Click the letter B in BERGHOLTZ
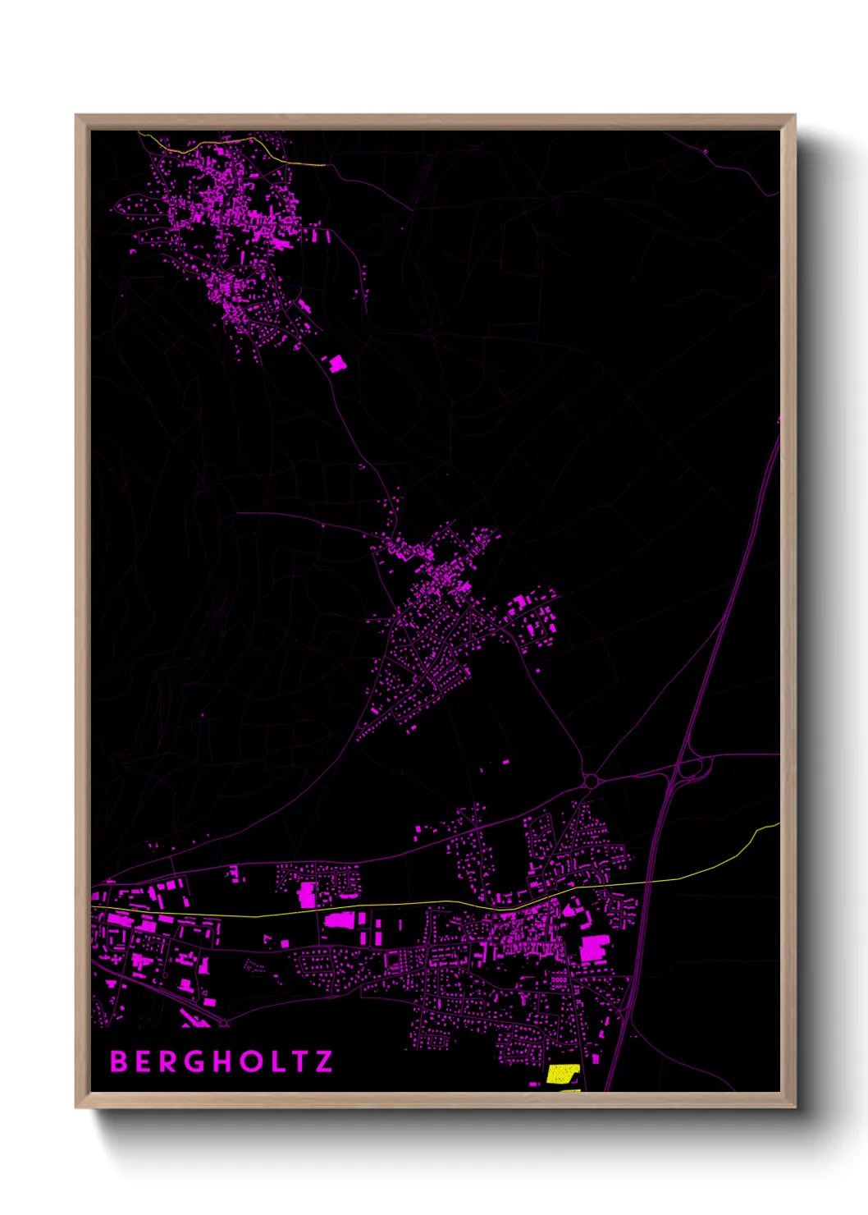[x=119, y=1061]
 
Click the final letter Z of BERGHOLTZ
[x=325, y=1061]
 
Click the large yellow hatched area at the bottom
[x=563, y=1074]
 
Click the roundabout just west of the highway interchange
[x=591, y=781]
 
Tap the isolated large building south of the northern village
[x=336, y=364]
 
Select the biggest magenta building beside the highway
[x=595, y=947]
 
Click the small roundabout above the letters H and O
[x=224, y=1023]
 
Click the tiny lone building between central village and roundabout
[x=505, y=762]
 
